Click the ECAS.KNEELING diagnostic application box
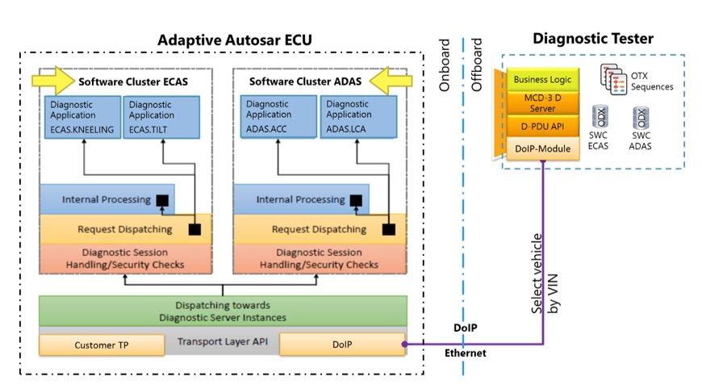(x=82, y=117)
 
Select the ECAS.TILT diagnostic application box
(x=161, y=117)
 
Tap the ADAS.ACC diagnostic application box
(x=278, y=116)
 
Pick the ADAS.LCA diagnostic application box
(x=358, y=116)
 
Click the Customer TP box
(x=102, y=345)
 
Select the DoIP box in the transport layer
(x=342, y=344)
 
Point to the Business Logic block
(x=542, y=80)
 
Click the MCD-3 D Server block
(x=542, y=103)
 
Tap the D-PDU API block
(x=542, y=126)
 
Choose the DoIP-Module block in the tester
(x=542, y=148)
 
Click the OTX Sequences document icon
(x=613, y=80)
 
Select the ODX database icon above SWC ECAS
(x=600, y=117)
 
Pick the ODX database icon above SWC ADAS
(x=641, y=118)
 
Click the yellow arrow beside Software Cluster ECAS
(x=53, y=81)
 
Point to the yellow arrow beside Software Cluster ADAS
(x=391, y=81)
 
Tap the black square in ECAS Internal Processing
(x=162, y=200)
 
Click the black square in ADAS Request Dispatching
(x=389, y=229)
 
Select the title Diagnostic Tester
(x=593, y=39)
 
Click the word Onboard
(x=444, y=65)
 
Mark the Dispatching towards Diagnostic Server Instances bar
(x=223, y=311)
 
